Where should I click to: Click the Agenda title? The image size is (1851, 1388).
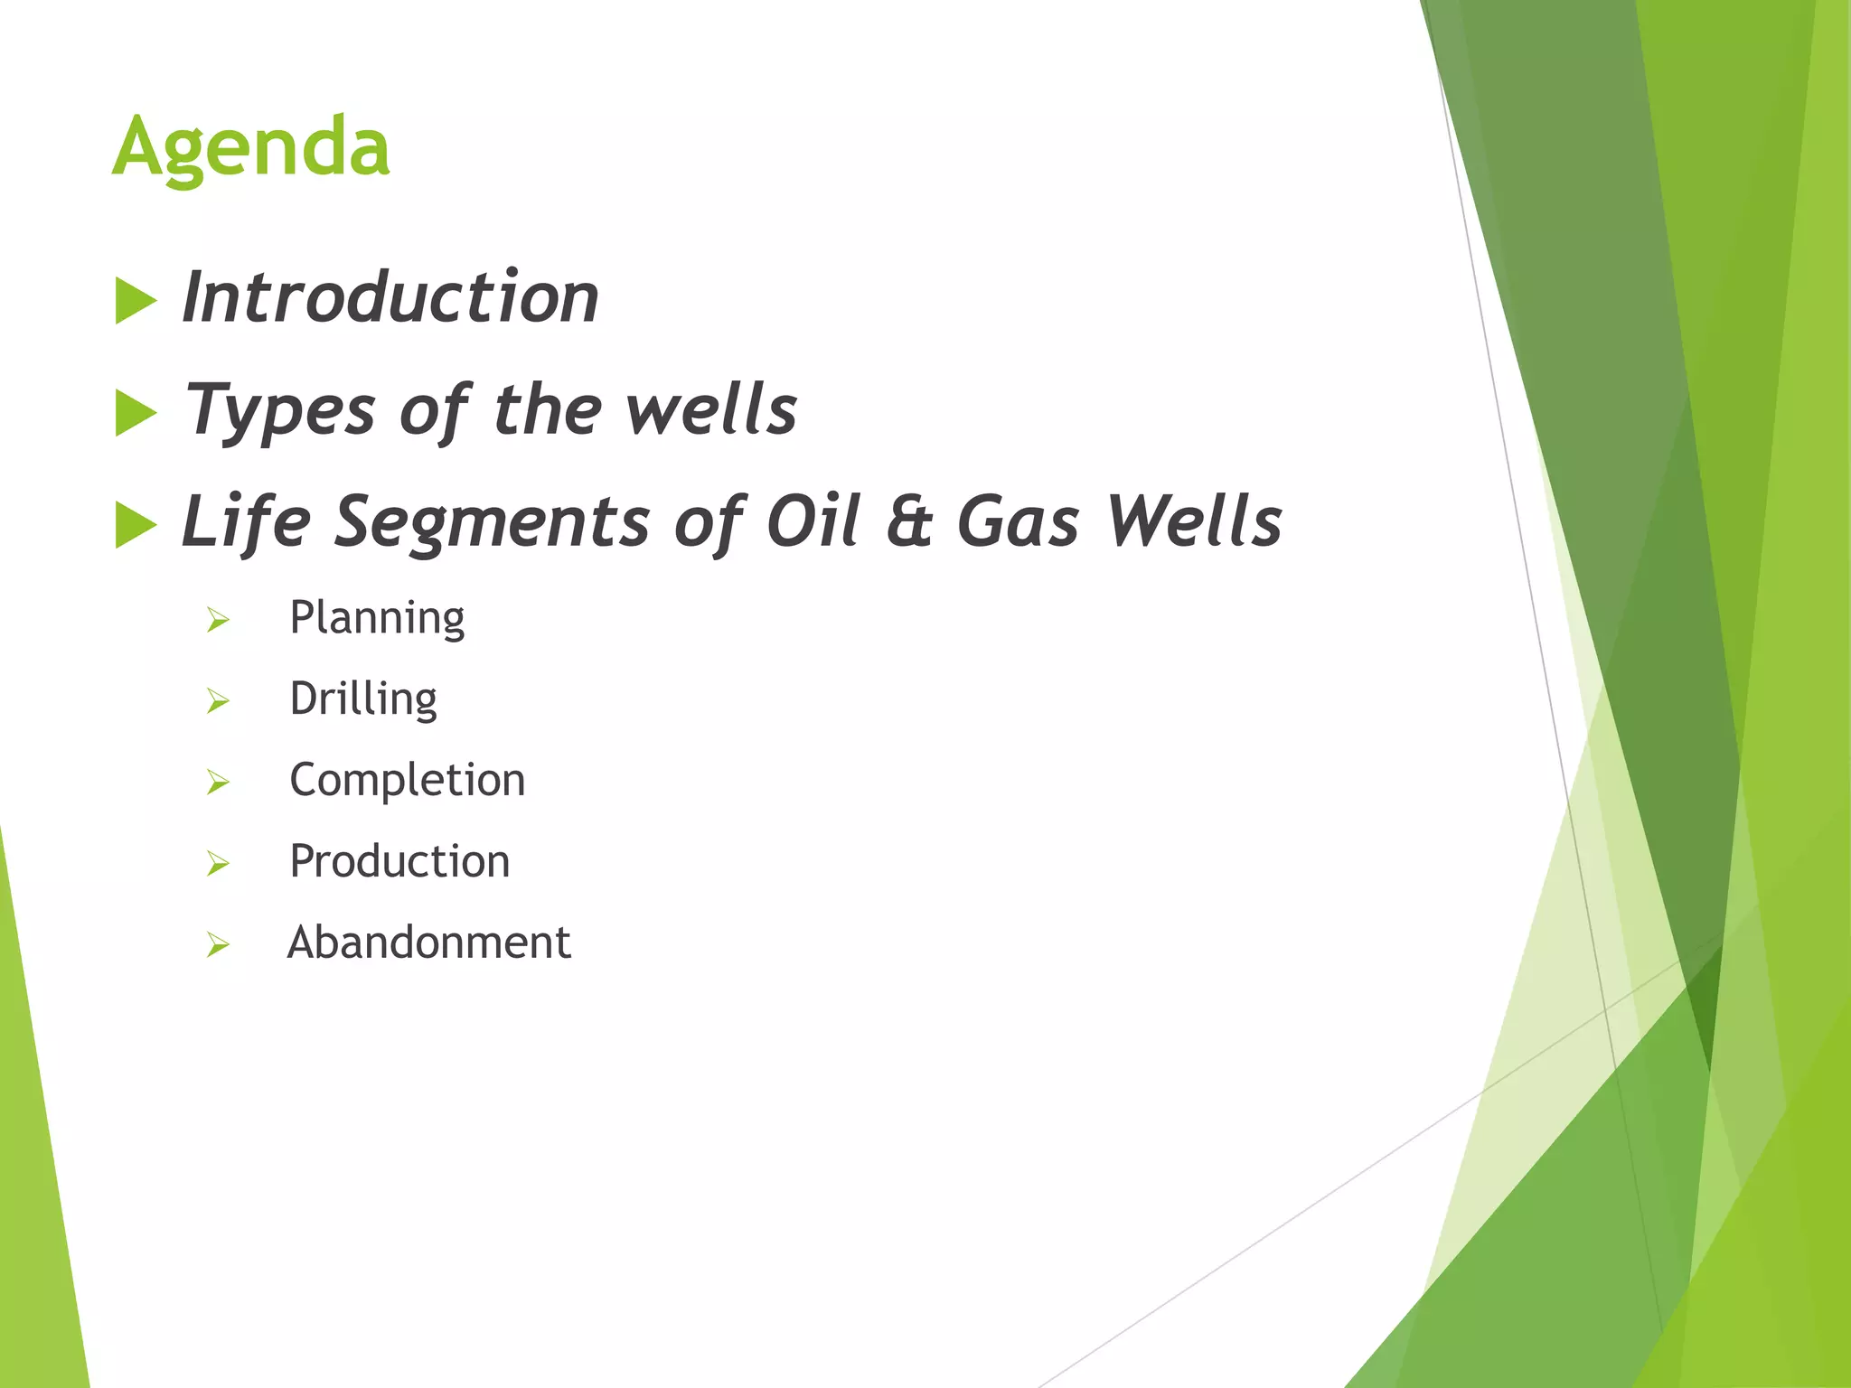click(x=251, y=146)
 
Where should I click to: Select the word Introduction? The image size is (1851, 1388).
click(x=390, y=297)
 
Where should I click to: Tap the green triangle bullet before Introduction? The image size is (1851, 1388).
click(x=136, y=301)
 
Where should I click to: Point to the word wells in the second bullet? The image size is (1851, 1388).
click(x=712, y=409)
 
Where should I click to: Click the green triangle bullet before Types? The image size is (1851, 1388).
click(x=136, y=414)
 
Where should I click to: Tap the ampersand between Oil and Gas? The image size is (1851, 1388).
click(x=908, y=522)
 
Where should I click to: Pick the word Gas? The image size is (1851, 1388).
click(x=1018, y=522)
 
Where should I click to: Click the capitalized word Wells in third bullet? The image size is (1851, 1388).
click(x=1195, y=522)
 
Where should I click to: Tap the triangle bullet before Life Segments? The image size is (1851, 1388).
click(x=136, y=525)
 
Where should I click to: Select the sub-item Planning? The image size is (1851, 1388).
click(x=377, y=619)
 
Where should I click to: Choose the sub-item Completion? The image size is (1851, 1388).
click(x=407, y=780)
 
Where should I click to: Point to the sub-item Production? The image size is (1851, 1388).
click(x=399, y=861)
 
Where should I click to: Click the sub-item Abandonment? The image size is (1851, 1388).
click(x=429, y=943)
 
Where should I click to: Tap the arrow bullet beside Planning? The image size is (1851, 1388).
click(x=218, y=620)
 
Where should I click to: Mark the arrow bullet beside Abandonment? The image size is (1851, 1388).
click(x=218, y=945)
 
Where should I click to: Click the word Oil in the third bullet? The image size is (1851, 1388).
click(x=813, y=522)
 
